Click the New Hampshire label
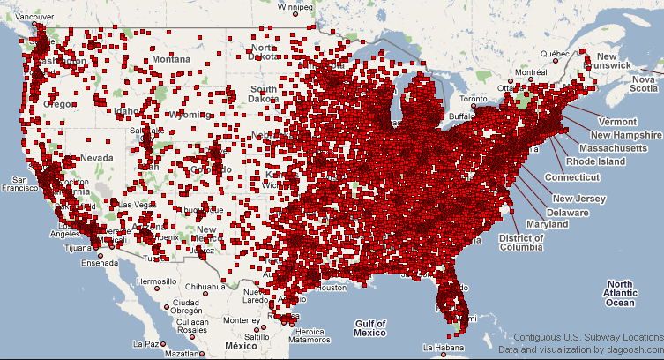click(626, 135)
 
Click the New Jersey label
click(579, 199)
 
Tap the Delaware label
click(569, 213)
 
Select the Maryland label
click(548, 225)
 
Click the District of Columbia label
click(519, 244)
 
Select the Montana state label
click(170, 59)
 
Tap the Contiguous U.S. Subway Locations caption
click(588, 337)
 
